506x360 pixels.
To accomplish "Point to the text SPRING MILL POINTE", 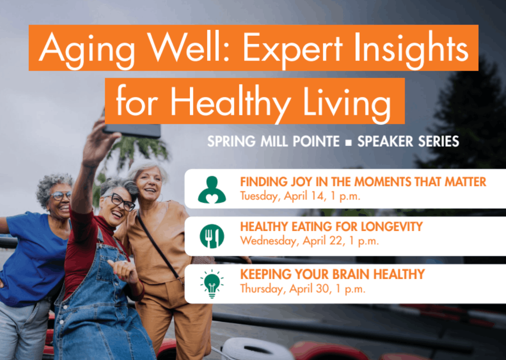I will pyautogui.click(x=273, y=141).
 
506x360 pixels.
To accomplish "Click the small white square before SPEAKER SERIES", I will pyautogui.click(x=348, y=142).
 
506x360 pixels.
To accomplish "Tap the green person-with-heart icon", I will pyautogui.click(x=212, y=189).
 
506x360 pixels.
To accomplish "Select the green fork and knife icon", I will pyautogui.click(x=212, y=236).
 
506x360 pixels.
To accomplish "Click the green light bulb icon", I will pyautogui.click(x=212, y=283).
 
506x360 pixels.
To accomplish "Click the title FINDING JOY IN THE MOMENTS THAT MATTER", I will pyautogui.click(x=363, y=182).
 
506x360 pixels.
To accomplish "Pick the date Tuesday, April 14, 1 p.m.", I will pyautogui.click(x=300, y=196).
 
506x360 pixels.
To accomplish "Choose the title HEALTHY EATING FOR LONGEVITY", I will pyautogui.click(x=331, y=227).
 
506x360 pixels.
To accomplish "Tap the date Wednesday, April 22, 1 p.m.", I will pyautogui.click(x=309, y=241).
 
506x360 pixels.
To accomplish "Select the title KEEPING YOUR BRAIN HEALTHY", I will pyautogui.click(x=332, y=274).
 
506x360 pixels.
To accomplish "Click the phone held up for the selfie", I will pyautogui.click(x=132, y=130).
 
